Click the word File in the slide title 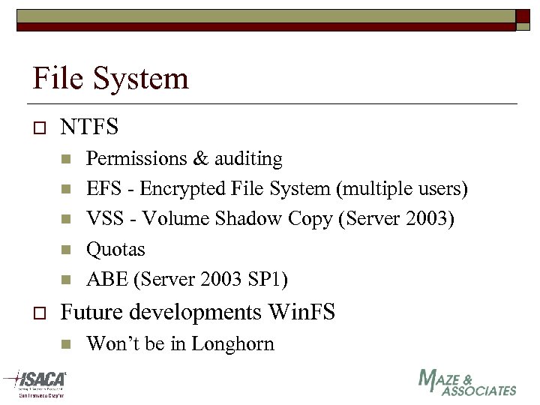(58, 78)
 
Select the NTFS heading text (89, 127)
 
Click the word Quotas (115, 249)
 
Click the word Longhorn (233, 343)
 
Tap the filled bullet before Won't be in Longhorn (65, 344)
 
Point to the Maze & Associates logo (466, 382)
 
